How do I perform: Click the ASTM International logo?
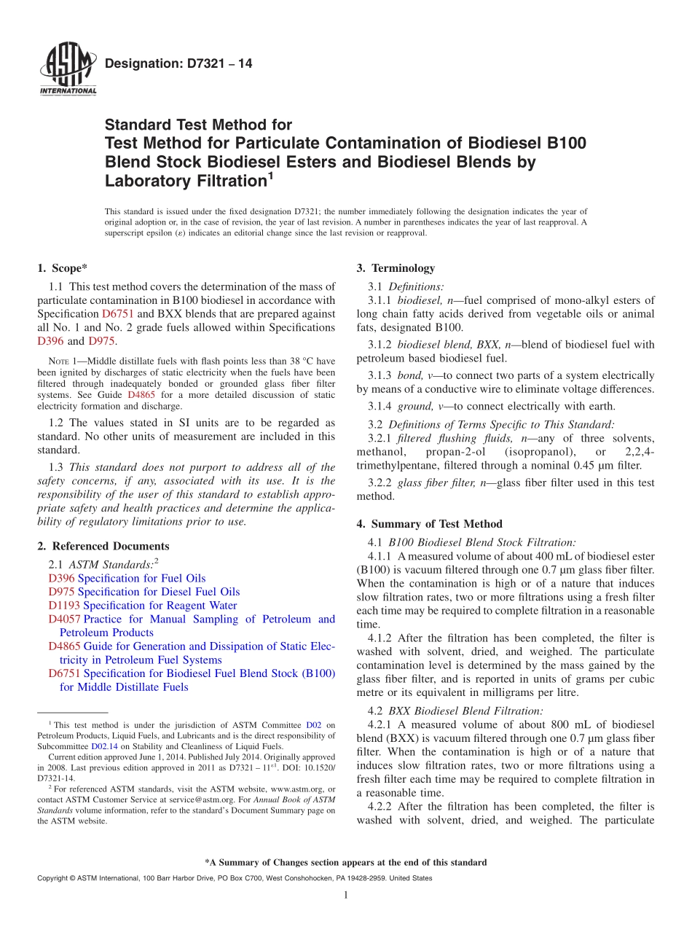(68, 71)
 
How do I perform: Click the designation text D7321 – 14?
(179, 64)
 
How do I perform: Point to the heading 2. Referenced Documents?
(103, 546)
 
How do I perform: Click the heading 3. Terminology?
(396, 268)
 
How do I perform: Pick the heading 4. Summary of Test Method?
(429, 524)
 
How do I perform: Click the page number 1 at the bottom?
(346, 895)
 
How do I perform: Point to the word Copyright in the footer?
(54, 878)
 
